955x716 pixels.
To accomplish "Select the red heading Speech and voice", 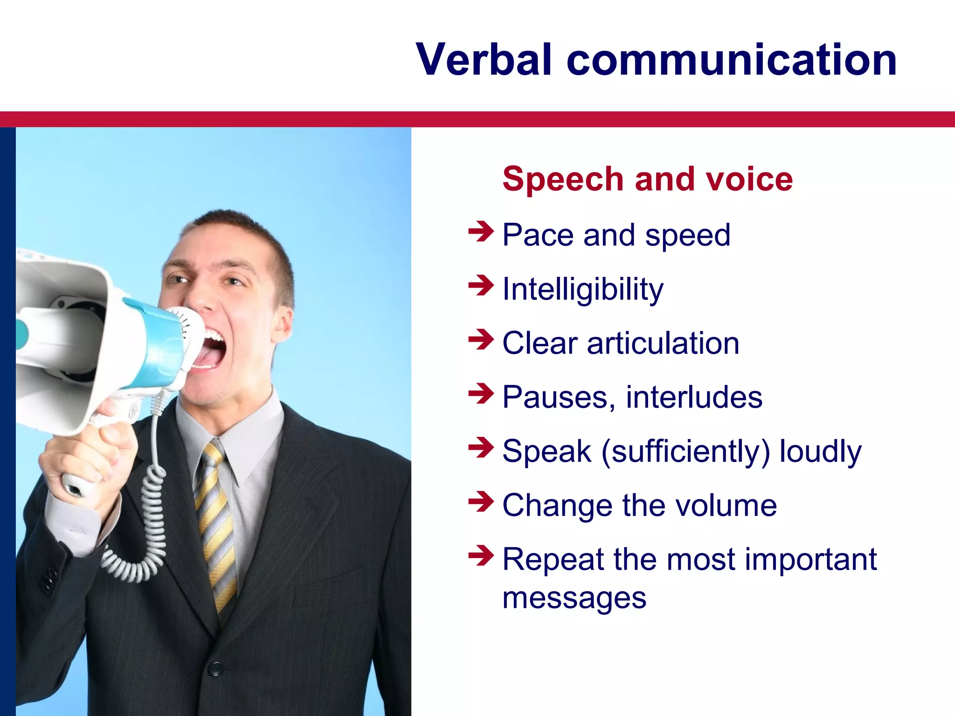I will [647, 179].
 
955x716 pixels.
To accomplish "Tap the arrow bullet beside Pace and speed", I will [480, 231].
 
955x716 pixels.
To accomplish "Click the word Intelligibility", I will [583, 289].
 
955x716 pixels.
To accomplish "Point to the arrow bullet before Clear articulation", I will [480, 339].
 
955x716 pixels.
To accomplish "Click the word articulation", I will [663, 344].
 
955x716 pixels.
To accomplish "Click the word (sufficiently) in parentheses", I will [685, 452].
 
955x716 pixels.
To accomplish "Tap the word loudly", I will [821, 452].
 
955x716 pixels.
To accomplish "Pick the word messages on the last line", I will [574, 598].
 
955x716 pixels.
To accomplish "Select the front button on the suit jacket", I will [215, 668].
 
